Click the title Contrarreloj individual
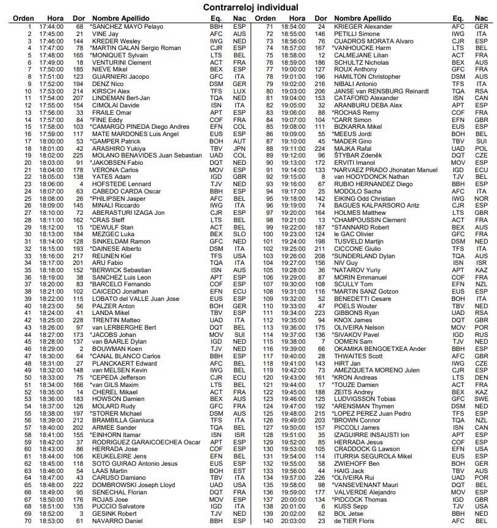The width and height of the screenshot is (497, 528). (x=248, y=7)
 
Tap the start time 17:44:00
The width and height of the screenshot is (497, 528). (x=51, y=27)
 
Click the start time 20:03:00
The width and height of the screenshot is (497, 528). (x=293, y=520)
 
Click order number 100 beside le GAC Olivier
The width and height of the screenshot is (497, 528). (x=267, y=234)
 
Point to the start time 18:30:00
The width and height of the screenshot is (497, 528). (x=51, y=356)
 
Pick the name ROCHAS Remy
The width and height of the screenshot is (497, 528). (x=357, y=112)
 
